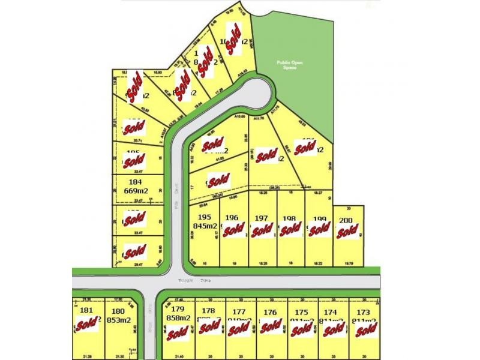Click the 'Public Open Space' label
(x=287, y=64)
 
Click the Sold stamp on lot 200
(x=347, y=232)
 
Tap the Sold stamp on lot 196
(x=233, y=230)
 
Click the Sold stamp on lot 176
(x=271, y=326)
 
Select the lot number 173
(x=363, y=312)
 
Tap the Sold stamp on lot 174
(x=333, y=328)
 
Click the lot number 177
(x=239, y=311)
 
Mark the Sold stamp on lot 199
(x=319, y=230)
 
